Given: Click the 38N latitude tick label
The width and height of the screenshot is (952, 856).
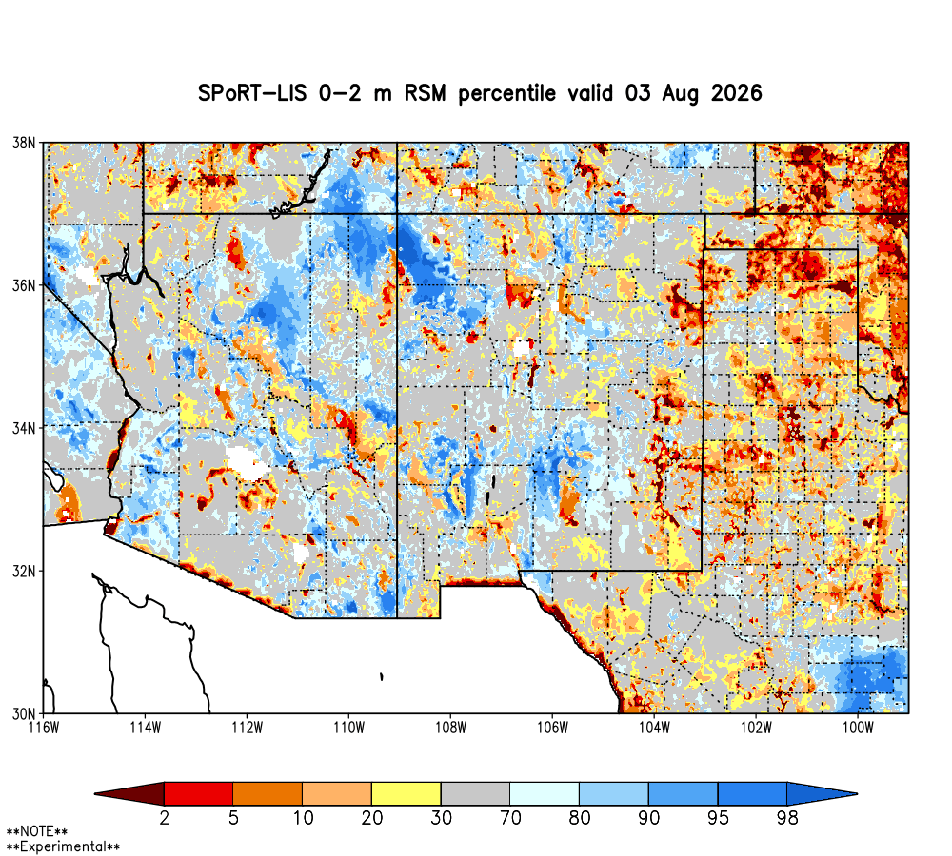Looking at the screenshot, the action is (x=24, y=144).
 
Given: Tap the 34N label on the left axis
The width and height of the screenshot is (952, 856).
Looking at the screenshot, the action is (x=24, y=428).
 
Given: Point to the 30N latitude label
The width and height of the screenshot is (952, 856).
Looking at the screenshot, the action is (x=24, y=713).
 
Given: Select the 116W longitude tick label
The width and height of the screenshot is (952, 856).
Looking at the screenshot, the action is (x=44, y=728).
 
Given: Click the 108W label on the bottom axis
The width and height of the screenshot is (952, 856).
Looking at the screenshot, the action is (x=451, y=728).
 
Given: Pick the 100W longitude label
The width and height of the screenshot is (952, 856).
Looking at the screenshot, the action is (x=858, y=728).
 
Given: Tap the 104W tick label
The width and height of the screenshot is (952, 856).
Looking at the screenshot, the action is (x=655, y=728).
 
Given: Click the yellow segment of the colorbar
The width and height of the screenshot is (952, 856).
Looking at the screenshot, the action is (x=407, y=793).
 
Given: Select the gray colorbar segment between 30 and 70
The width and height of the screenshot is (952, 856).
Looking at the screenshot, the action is (x=475, y=793).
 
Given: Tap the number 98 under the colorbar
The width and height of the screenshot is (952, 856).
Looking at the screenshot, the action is (x=787, y=818).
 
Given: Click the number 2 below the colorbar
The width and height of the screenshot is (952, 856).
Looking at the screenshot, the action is (x=165, y=818).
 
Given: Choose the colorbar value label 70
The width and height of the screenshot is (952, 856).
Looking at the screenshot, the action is (x=510, y=818).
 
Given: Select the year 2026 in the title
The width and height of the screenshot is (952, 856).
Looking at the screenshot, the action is (x=737, y=93).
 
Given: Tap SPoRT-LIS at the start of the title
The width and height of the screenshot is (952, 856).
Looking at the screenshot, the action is (x=252, y=93).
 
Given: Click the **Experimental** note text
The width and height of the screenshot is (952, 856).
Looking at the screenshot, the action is (x=63, y=846).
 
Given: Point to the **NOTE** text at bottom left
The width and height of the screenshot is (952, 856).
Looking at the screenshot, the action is (x=37, y=831).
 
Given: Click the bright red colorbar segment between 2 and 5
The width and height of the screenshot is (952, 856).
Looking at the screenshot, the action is (x=199, y=793).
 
